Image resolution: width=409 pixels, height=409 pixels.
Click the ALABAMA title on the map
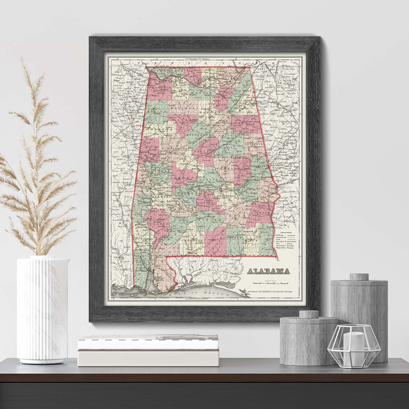[269, 271]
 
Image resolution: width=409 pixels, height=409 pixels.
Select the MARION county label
[157, 111]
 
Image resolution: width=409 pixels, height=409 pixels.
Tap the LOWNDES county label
[207, 202]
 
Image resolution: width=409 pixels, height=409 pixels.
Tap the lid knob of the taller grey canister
[359, 277]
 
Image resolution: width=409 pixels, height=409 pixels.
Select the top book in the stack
[148, 342]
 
